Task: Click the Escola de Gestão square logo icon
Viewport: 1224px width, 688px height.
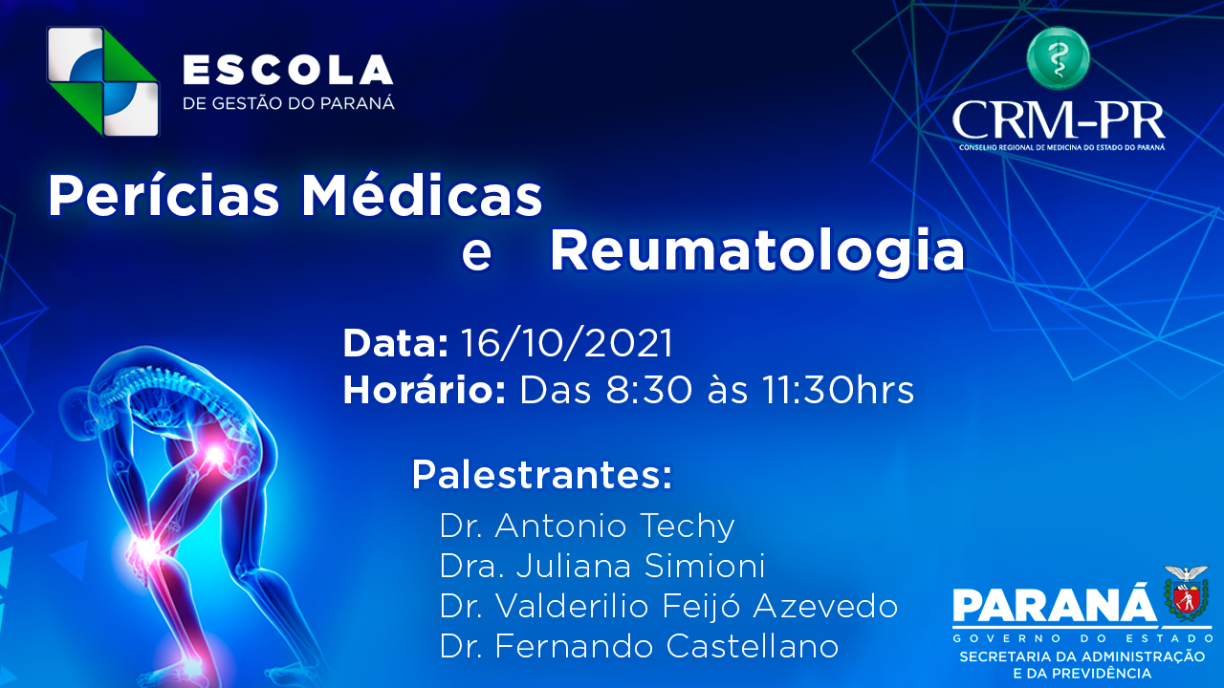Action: click(x=102, y=81)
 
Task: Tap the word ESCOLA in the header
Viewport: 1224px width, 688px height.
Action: click(x=288, y=70)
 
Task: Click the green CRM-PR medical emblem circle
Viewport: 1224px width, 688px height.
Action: click(x=1058, y=58)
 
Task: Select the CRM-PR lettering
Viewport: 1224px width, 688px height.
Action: click(x=1059, y=121)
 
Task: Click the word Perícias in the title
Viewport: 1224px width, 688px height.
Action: click(x=164, y=196)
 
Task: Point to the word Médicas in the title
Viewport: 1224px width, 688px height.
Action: click(x=422, y=196)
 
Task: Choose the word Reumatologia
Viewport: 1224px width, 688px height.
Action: click(x=757, y=250)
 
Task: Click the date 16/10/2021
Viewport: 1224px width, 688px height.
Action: click(x=567, y=343)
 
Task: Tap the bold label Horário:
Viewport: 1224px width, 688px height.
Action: click(x=425, y=391)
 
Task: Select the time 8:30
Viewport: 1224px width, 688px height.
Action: click(x=648, y=391)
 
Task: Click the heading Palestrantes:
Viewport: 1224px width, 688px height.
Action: click(x=541, y=475)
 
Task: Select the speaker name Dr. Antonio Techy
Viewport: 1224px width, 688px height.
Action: click(x=587, y=526)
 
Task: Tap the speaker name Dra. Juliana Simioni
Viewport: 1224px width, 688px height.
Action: click(x=602, y=566)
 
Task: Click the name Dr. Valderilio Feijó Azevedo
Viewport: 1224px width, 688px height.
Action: click(x=668, y=606)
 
